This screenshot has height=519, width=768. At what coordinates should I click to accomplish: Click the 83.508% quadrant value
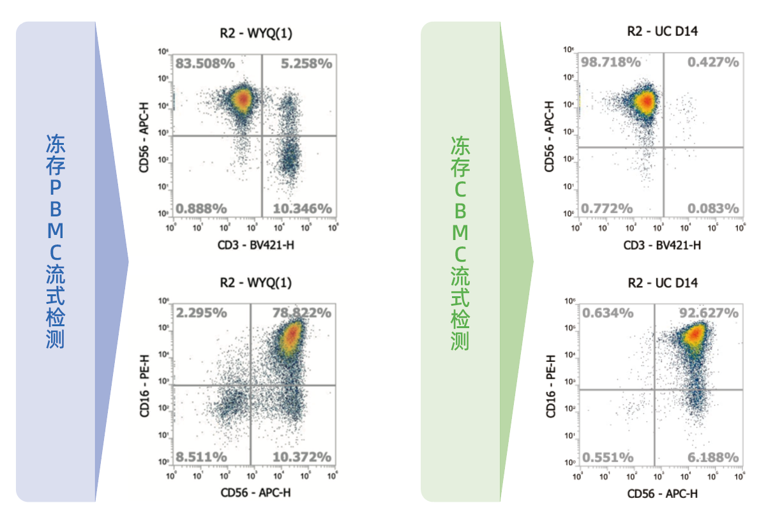pos(206,63)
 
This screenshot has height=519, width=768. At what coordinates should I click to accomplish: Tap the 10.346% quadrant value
pos(303,208)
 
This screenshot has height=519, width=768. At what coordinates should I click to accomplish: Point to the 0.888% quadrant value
pos(202,208)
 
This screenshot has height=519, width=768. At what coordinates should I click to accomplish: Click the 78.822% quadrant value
pos(303,313)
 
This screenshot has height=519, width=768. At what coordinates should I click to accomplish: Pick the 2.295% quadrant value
pos(202,313)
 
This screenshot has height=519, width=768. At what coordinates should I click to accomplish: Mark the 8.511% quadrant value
pos(202,457)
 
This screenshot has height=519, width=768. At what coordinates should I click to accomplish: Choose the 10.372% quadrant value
pos(303,457)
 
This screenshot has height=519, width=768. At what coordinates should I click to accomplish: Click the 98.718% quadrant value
pos(611,62)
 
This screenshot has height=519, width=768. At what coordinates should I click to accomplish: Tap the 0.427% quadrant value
pos(713,62)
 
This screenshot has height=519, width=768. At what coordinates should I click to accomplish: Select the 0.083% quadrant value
pos(713,208)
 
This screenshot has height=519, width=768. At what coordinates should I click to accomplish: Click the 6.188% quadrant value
pos(713,457)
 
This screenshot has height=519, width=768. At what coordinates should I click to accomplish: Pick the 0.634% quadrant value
pos(608,313)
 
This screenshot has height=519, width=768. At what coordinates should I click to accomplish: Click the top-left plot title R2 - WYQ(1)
pos(255,34)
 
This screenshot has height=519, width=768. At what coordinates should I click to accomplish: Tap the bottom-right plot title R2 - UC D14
pos(662,282)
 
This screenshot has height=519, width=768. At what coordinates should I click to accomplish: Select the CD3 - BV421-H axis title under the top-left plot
pos(255,244)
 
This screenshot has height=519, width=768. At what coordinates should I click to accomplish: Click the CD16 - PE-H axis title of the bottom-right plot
pos(550,387)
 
